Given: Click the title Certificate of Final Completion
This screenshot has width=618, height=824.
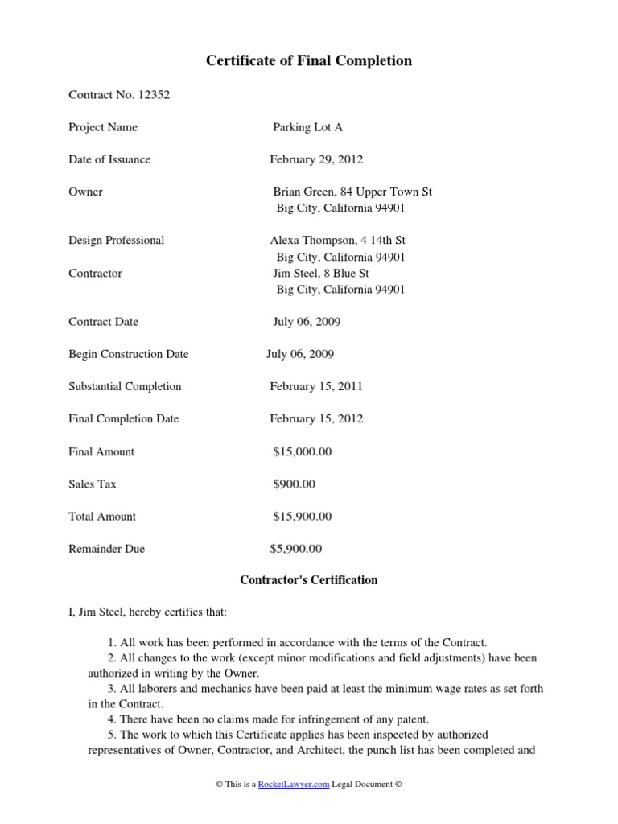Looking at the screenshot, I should pos(309,61).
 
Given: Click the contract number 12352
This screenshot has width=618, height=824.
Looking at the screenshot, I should pos(154,95).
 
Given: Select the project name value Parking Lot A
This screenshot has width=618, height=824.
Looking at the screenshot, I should pos(307,127).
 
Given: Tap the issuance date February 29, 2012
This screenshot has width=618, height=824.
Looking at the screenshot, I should pos(316,159).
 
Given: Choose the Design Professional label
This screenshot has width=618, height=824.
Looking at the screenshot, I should pos(117,241).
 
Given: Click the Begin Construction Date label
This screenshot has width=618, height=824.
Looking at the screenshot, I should pos(129,354).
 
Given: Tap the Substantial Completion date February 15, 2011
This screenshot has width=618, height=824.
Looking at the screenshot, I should pos(316,386).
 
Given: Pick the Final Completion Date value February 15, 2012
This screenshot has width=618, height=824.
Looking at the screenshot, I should pos(316,418).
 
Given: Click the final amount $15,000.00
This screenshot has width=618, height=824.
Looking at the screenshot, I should pos(303,452).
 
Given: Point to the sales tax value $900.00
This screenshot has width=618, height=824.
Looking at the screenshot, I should pos(295,484).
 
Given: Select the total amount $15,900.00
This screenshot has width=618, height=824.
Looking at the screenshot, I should pos(303,517).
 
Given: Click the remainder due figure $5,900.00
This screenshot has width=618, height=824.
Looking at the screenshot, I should pos(296,550).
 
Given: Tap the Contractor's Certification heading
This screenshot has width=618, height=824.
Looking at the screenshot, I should pos(309,580).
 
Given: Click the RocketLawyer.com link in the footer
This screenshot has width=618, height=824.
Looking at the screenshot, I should pos(294,785).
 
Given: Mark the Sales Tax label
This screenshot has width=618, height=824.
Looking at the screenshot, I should pos(93,484).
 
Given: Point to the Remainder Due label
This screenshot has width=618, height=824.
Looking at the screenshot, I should pos(107,550).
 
